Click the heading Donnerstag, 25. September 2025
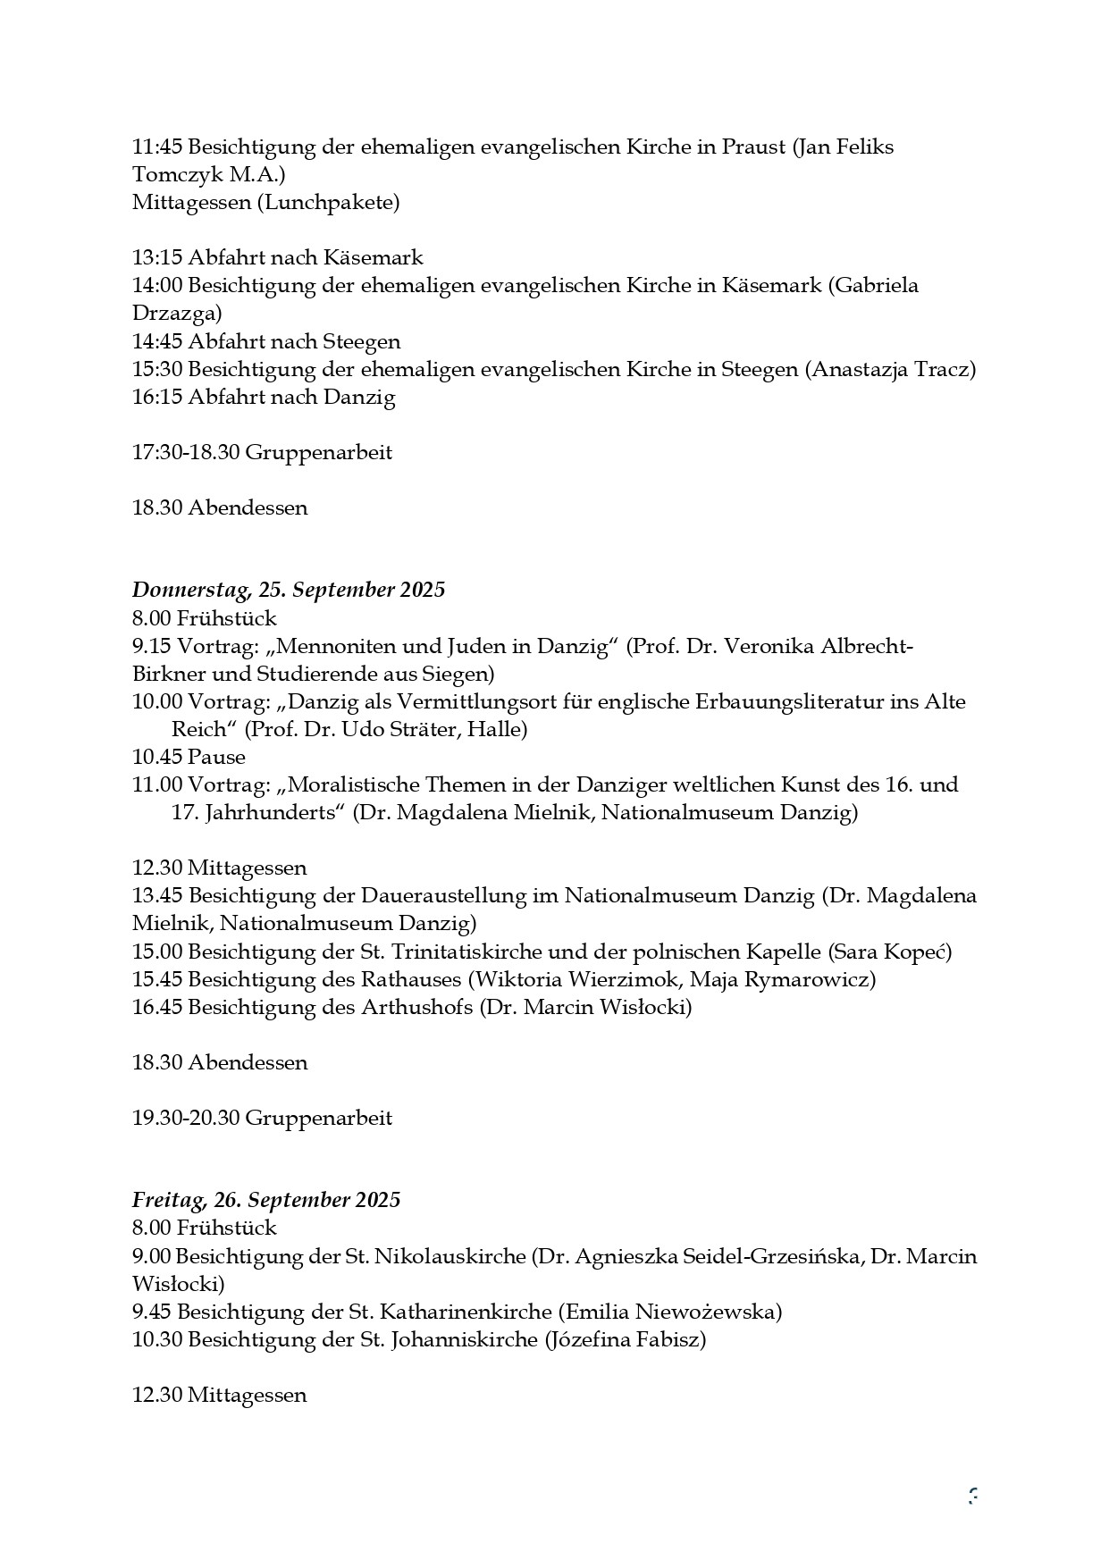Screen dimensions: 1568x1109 288,591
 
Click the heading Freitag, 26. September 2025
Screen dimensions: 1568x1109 265,1200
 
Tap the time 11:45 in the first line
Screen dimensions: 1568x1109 157,147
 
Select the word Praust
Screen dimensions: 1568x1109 752,147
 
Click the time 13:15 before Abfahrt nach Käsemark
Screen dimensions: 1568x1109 157,258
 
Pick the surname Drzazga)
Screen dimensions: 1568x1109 177,314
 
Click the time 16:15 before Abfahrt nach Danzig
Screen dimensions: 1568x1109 157,398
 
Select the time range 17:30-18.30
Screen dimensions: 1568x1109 186,453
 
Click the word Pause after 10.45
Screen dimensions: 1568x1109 217,758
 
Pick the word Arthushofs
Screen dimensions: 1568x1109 416,1008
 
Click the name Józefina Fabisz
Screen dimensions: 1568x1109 624,1340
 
